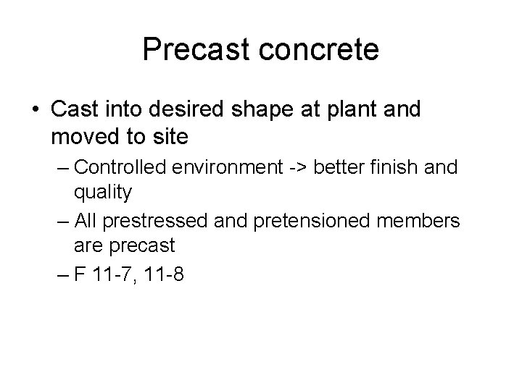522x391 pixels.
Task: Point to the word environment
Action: click(x=231, y=167)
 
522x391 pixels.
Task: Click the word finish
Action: click(x=400, y=167)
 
